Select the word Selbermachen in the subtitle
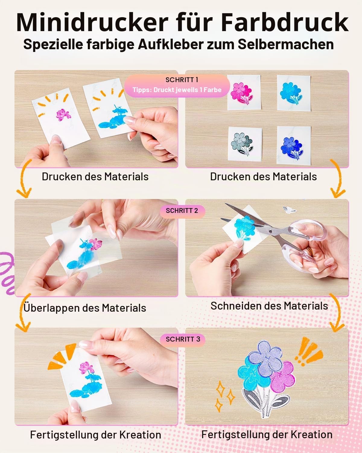(286, 44)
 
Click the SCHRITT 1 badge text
(182, 80)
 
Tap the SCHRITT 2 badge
(182, 210)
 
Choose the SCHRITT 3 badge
(183, 339)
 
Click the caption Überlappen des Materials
(84, 308)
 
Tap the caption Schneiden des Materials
(269, 306)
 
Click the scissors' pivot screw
(271, 232)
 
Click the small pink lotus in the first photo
(63, 115)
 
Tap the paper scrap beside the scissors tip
(289, 210)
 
